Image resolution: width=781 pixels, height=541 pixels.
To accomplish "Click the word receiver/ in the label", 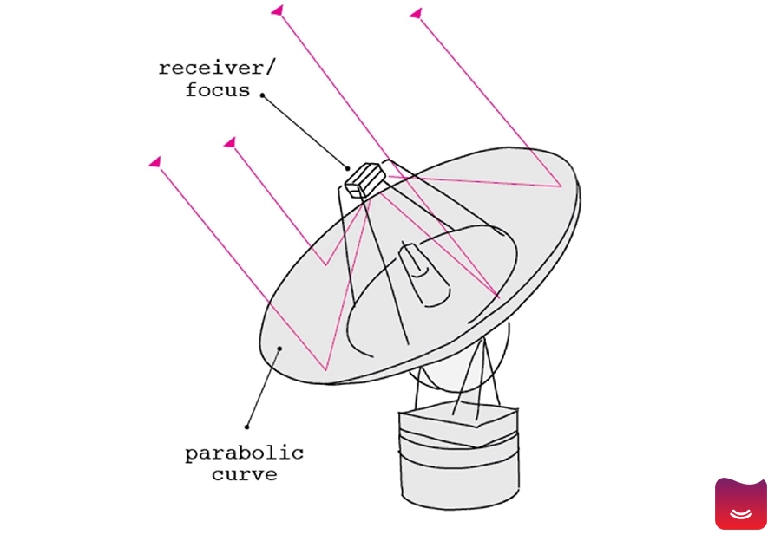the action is click(x=217, y=68).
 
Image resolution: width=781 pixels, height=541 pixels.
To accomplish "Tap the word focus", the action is click(x=218, y=90).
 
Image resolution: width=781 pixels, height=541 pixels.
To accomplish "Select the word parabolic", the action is click(x=244, y=454).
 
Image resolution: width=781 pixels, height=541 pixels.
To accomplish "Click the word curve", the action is click(x=244, y=474).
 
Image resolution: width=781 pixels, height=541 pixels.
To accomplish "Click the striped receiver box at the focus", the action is click(x=365, y=180).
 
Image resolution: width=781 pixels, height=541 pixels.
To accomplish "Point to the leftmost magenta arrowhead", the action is click(x=155, y=162).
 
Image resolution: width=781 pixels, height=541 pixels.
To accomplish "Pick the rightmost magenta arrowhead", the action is click(x=416, y=13).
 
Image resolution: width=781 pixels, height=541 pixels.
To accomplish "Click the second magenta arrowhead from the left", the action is click(x=230, y=143).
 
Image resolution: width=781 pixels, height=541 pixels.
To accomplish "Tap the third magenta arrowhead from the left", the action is click(x=278, y=10).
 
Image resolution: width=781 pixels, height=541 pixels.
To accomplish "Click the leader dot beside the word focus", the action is click(x=262, y=95).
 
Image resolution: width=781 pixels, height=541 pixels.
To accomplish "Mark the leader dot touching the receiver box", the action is click(x=348, y=168).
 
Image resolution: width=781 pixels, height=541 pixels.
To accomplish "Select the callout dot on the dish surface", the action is click(x=280, y=349).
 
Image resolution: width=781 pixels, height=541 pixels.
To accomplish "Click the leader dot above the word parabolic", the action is click(x=247, y=427).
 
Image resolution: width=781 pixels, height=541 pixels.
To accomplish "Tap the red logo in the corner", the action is click(x=741, y=504).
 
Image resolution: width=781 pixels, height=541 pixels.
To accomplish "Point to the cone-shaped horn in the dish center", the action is click(x=424, y=275).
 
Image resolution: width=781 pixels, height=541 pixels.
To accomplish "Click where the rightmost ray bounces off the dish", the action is click(x=561, y=186).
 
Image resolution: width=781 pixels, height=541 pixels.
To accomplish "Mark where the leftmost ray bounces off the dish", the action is click(x=325, y=370).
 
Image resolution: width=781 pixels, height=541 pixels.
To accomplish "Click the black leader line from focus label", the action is click(x=305, y=132).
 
